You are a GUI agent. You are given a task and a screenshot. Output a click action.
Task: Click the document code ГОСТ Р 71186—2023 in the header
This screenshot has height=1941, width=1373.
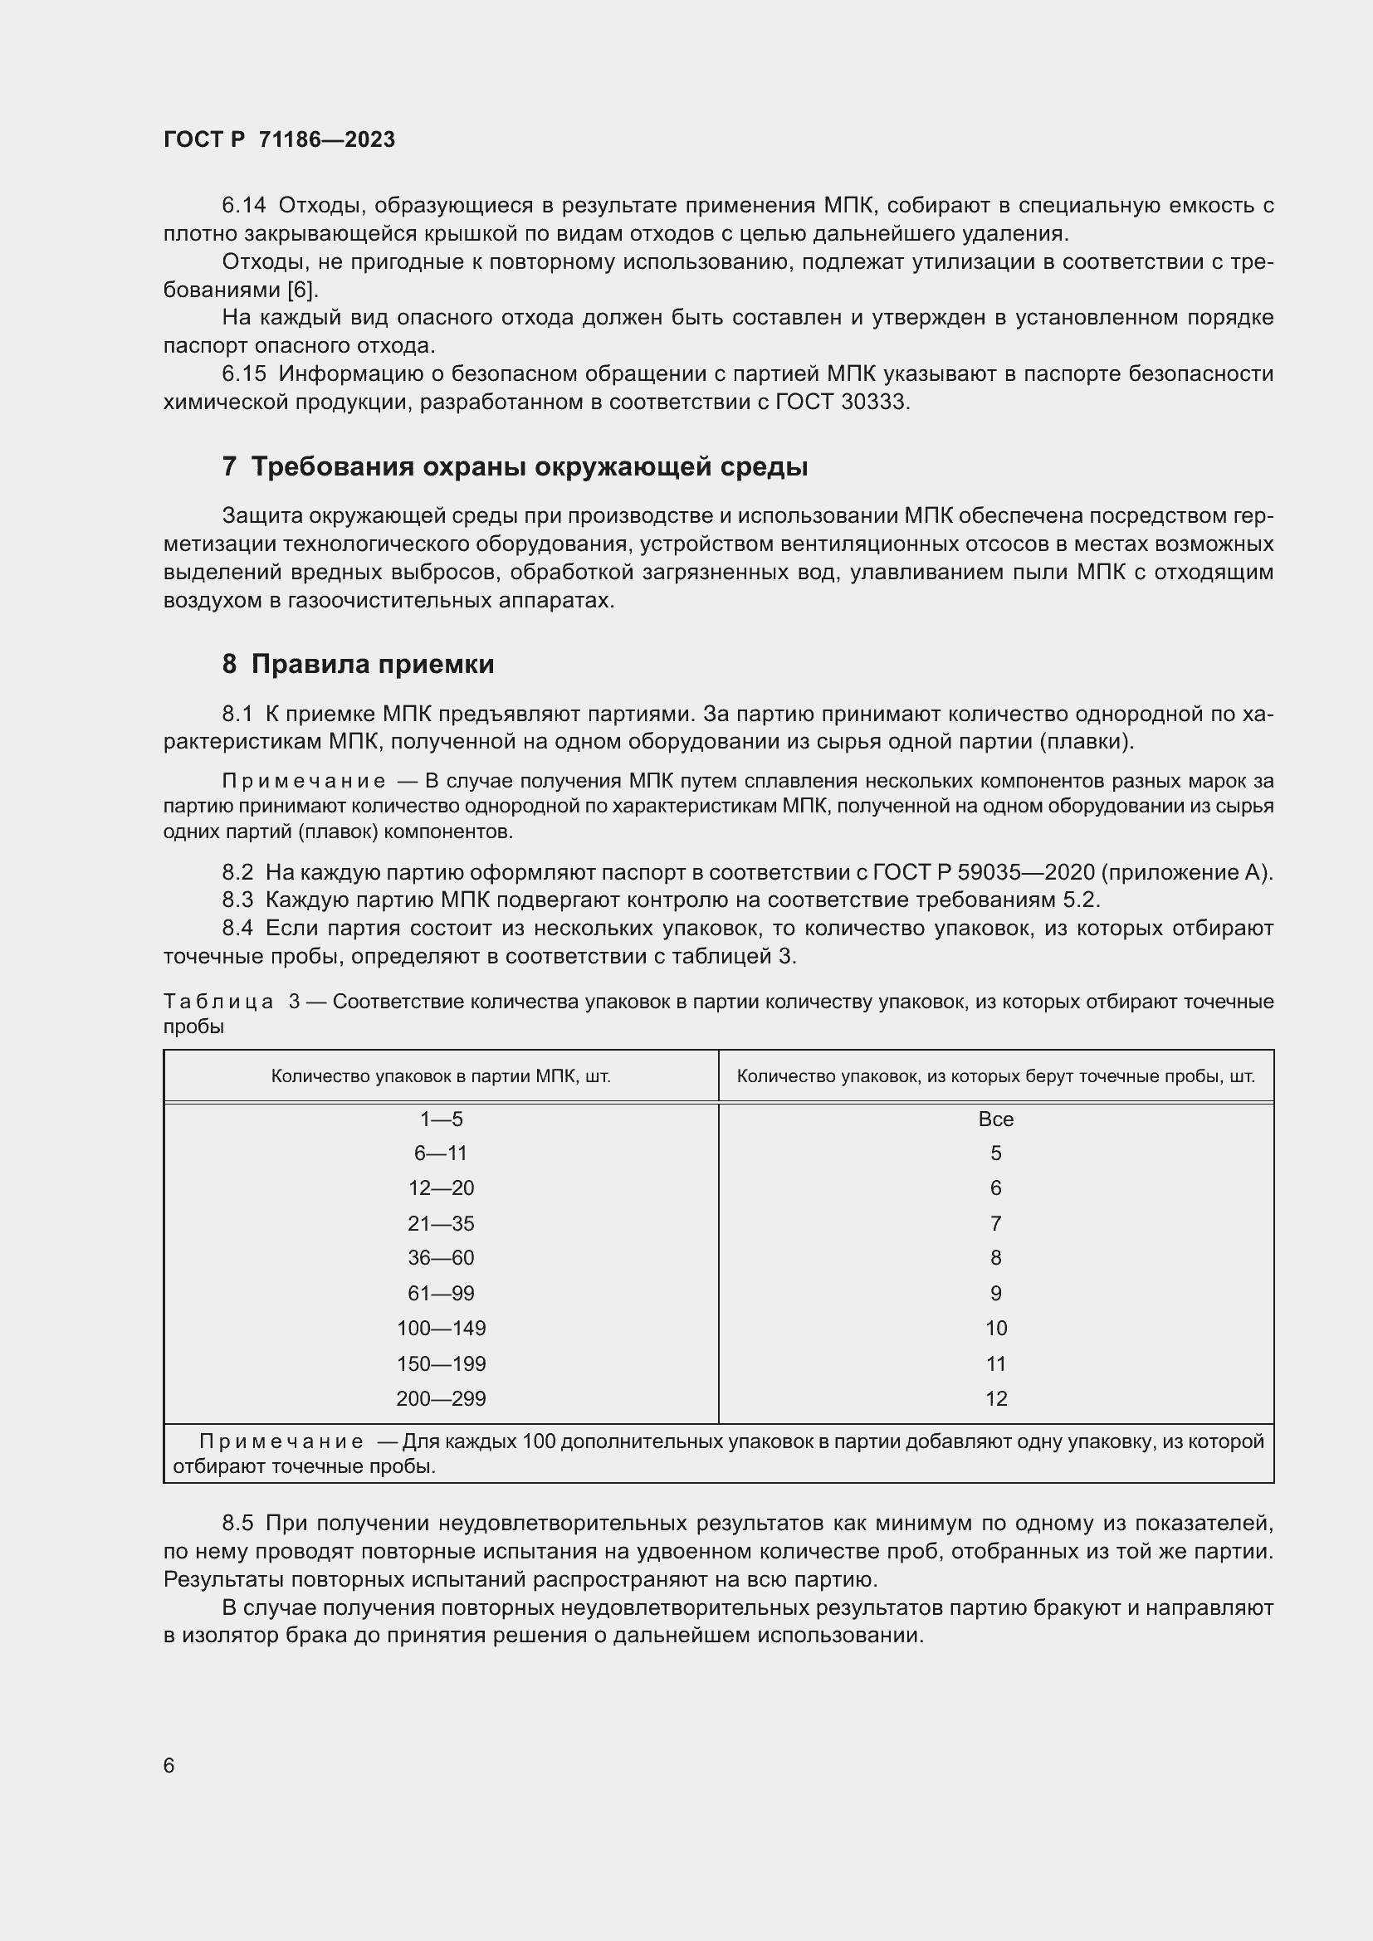[279, 139]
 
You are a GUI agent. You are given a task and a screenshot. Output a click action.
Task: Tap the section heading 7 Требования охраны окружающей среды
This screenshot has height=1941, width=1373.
[515, 466]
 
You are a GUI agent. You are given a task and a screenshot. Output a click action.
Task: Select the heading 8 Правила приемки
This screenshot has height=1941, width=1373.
[358, 665]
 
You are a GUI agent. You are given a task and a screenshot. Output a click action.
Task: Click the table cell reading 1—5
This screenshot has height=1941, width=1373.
[442, 1119]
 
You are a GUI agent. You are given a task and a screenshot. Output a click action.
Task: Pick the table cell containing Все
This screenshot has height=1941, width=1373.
[995, 1119]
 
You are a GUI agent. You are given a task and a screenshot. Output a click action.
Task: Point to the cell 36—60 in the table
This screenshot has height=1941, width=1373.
[442, 1258]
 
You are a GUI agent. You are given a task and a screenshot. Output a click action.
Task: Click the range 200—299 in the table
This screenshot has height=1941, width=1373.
[442, 1398]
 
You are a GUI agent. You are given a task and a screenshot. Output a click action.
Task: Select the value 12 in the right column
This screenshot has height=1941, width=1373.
[996, 1398]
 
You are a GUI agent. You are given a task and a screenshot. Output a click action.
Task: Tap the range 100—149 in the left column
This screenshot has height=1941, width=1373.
[442, 1328]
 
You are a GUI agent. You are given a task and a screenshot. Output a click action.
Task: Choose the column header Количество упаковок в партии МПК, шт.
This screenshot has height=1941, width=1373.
[442, 1076]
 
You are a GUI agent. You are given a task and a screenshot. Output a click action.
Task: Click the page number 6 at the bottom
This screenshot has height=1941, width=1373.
[169, 1765]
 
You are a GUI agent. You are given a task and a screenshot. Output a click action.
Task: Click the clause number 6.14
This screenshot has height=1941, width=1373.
[243, 206]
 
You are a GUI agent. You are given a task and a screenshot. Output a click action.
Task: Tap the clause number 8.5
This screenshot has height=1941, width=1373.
[237, 1524]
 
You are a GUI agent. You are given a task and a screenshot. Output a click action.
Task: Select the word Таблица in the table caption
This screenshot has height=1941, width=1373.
[218, 1002]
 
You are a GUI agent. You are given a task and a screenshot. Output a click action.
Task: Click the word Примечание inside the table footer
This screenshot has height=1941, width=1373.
[281, 1441]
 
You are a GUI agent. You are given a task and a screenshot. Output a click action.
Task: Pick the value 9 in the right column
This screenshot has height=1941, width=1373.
[996, 1294]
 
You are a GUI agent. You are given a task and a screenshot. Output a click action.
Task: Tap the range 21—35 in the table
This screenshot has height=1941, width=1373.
[442, 1223]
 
